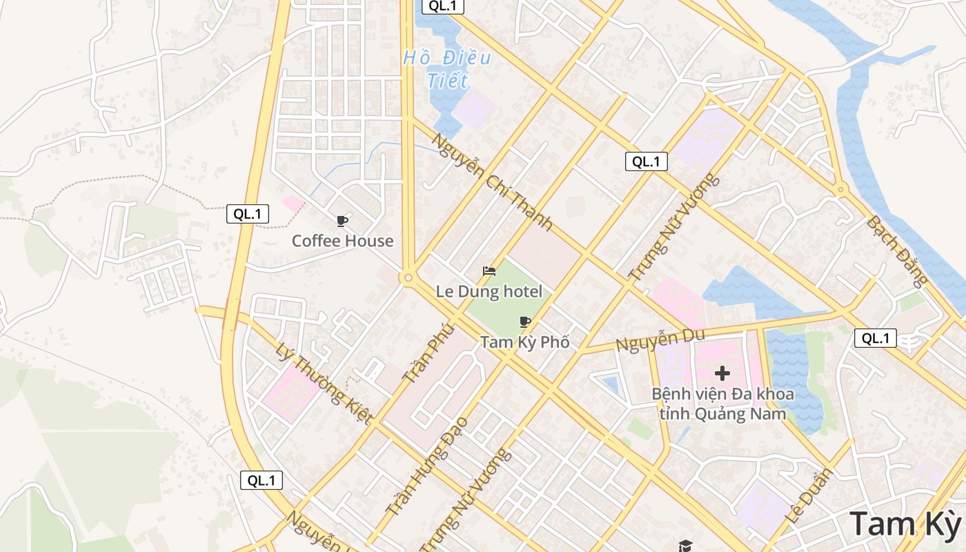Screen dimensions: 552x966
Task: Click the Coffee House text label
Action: click(342, 241)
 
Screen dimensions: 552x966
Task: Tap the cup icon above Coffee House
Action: click(342, 221)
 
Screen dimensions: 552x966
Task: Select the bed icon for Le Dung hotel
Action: click(489, 271)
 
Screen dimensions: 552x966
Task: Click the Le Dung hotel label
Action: click(489, 292)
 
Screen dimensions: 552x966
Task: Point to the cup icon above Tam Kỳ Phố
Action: click(525, 322)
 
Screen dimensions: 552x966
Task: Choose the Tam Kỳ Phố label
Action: click(525, 342)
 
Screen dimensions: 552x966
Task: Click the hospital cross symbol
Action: click(722, 373)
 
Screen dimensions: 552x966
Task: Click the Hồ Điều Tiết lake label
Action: click(447, 69)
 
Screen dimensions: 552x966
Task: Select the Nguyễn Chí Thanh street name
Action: click(492, 181)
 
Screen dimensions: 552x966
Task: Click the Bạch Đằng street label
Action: click(897, 251)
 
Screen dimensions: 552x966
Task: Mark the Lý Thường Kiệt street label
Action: click(324, 384)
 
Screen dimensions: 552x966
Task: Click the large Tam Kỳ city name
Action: click(905, 524)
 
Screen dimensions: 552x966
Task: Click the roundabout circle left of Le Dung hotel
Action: click(408, 278)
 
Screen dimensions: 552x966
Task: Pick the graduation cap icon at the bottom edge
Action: click(684, 546)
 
